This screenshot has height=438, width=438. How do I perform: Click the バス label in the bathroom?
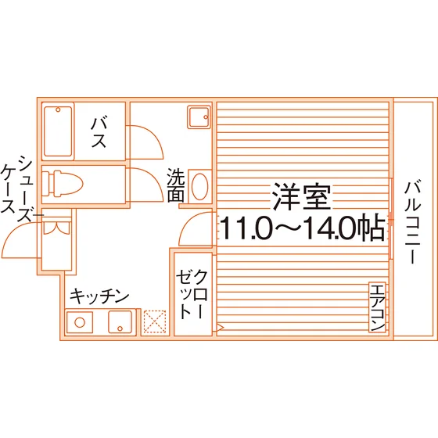coord(99,133)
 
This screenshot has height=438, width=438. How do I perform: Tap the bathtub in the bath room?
coord(58,131)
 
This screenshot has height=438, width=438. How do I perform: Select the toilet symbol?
coord(63,184)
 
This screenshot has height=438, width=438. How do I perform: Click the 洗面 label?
coord(176,185)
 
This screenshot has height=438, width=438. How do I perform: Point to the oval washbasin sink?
coord(200,186)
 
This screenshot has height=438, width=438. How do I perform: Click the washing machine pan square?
coord(199,117)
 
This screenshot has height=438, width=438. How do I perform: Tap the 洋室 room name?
coord(302,196)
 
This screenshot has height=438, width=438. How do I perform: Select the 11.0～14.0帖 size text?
coord(303,227)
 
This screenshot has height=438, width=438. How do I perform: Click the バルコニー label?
coord(412,222)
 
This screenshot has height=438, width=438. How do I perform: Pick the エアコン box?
coord(377,307)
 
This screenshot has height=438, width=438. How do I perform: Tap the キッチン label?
coord(99,296)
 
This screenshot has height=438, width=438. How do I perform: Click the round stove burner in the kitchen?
coord(80,322)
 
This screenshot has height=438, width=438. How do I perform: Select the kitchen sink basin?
coord(120,322)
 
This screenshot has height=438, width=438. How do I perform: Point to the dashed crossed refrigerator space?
coord(155,321)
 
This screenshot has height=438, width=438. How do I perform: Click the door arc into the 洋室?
coord(187,224)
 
